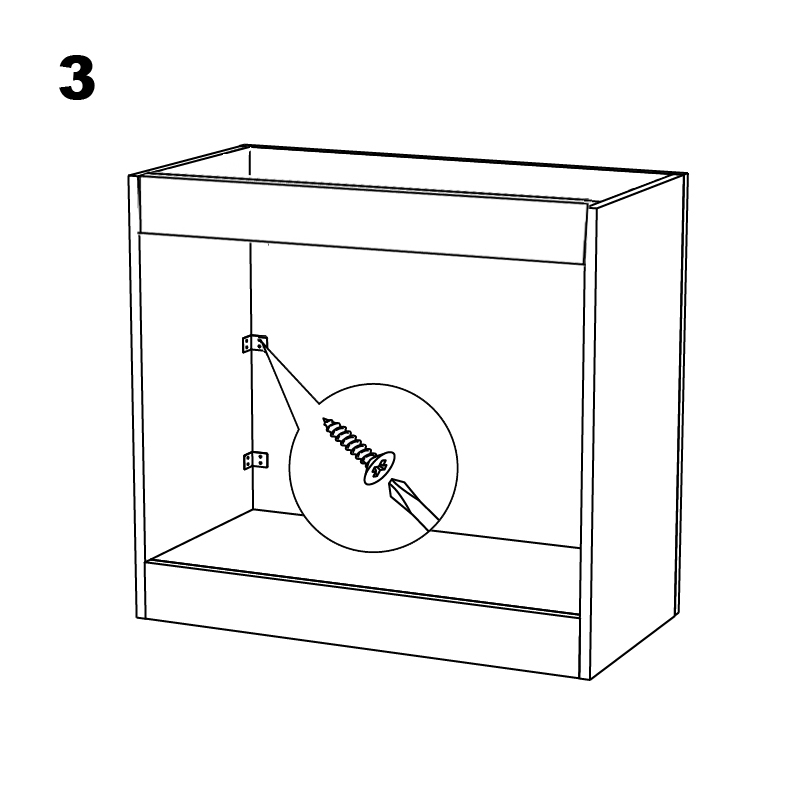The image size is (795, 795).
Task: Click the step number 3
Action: (77, 78)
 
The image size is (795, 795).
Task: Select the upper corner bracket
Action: (255, 343)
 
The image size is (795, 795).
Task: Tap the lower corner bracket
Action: (256, 461)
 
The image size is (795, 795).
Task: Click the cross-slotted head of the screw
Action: (379, 467)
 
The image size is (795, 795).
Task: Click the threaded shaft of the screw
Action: (348, 441)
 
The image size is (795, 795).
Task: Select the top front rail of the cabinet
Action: (362, 219)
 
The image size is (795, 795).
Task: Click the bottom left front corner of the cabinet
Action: (138, 618)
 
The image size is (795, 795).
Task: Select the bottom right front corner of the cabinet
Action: (589, 679)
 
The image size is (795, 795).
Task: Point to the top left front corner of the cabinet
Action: (130, 176)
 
